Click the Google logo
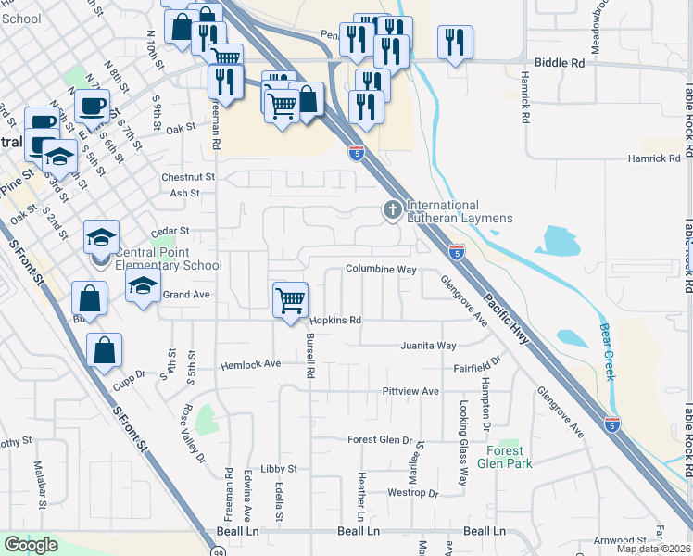(31, 545)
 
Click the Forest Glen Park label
(504, 457)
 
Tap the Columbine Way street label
(381, 269)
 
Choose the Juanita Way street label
(428, 346)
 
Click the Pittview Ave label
(410, 392)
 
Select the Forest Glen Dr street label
(379, 439)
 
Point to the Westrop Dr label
(411, 493)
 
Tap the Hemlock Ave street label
(249, 365)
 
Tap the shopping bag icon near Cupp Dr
(104, 351)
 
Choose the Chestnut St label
(187, 176)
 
